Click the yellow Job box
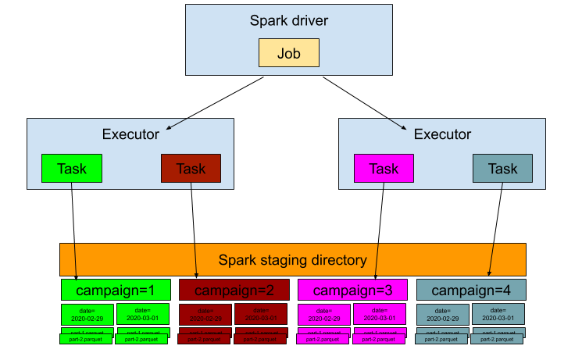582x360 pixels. [x=288, y=53]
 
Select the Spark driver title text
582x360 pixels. [x=288, y=21]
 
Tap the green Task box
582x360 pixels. [x=71, y=169]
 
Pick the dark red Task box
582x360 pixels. [x=191, y=169]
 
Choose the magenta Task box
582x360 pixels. [x=383, y=169]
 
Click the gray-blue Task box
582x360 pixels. [x=502, y=169]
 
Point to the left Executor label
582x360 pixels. [x=130, y=134]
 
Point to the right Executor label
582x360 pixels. [x=442, y=134]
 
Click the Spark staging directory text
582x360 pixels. [x=292, y=260]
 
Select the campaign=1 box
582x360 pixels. [x=116, y=290]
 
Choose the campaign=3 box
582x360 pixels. [x=352, y=290]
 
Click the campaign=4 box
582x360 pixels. [x=471, y=290]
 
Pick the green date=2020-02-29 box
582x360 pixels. [x=87, y=315]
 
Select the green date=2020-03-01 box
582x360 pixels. [x=143, y=315]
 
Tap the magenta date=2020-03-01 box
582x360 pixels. [x=380, y=315]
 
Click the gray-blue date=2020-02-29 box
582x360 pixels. [x=443, y=315]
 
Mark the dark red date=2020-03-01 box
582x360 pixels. [x=261, y=315]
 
